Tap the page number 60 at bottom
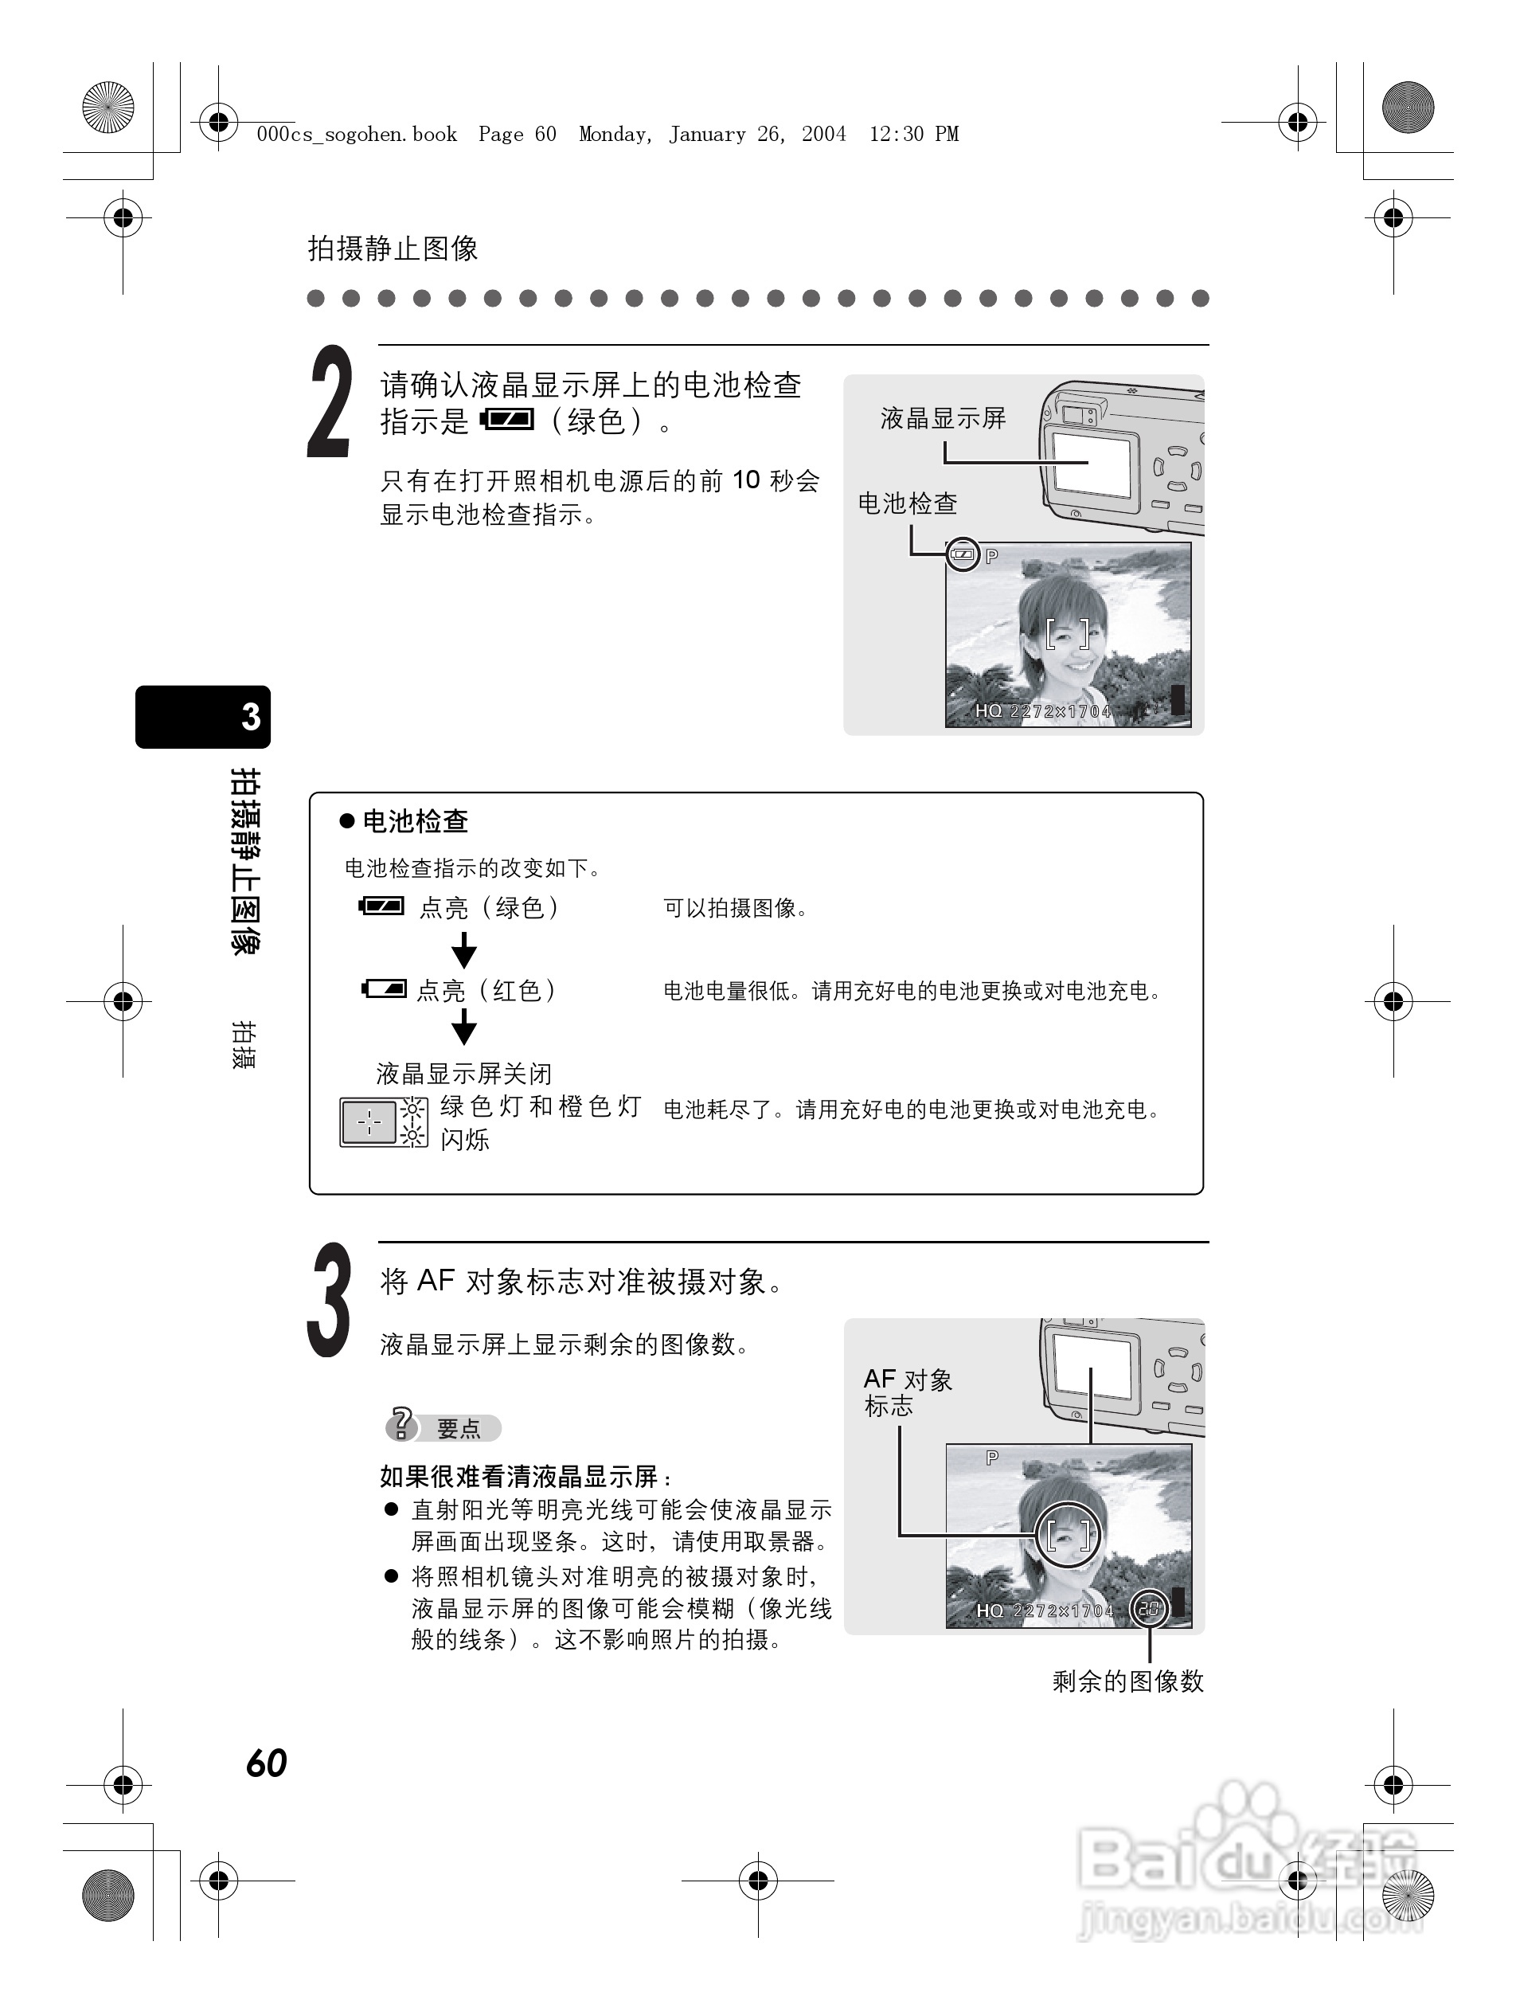[266, 1763]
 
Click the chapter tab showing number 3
[203, 717]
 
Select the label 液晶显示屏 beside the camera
[942, 418]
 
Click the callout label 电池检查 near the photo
[907, 503]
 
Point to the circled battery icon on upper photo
[963, 554]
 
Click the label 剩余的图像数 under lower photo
[1127, 1681]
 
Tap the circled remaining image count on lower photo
[1148, 1610]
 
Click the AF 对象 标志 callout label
[907, 1392]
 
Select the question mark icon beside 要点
[401, 1425]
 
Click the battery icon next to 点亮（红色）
[384, 988]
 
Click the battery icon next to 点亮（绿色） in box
[381, 906]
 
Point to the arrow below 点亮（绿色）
[463, 949]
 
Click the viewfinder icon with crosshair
[369, 1122]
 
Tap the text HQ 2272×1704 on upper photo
[1041, 711]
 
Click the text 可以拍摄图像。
[736, 908]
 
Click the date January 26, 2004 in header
[757, 135]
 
